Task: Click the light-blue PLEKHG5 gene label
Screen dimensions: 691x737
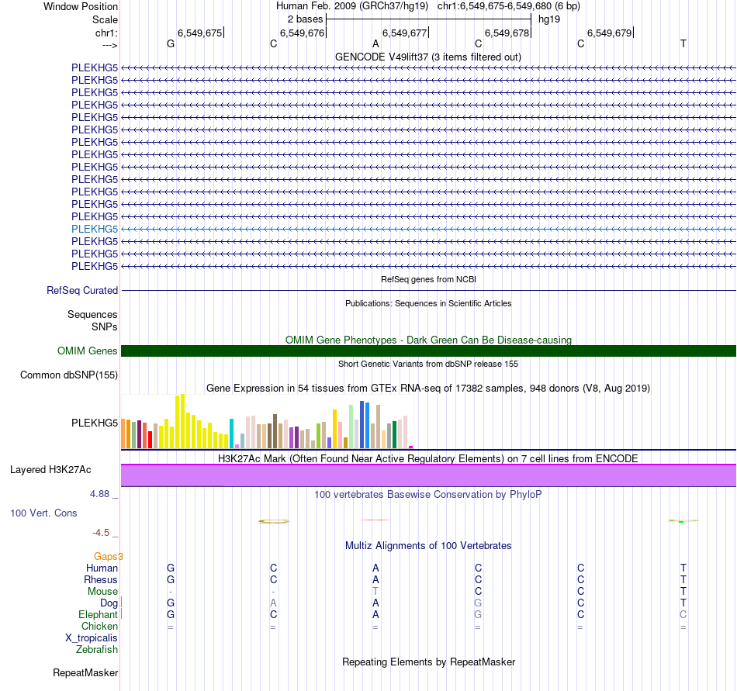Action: click(95, 229)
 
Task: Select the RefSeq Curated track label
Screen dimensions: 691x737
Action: click(82, 291)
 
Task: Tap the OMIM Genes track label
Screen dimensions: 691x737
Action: click(88, 351)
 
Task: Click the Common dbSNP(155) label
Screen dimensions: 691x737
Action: click(69, 375)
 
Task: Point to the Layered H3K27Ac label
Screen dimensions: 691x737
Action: click(50, 470)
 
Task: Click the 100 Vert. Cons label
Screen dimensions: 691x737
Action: click(43, 513)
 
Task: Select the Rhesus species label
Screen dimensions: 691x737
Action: click(101, 580)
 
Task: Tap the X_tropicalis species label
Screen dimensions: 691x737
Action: click(92, 638)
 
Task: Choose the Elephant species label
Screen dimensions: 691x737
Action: click(98, 615)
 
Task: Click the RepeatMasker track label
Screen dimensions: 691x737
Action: click(85, 672)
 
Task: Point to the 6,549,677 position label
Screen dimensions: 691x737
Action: click(404, 33)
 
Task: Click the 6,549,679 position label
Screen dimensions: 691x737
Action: click(609, 33)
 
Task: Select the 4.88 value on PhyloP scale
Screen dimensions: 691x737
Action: click(102, 493)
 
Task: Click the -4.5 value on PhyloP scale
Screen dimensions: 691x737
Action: click(102, 533)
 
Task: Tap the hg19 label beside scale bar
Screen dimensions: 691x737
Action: click(549, 19)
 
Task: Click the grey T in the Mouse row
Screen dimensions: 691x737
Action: click(375, 592)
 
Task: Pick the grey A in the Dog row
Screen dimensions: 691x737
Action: click(273, 603)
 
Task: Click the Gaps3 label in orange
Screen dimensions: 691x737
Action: click(109, 556)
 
